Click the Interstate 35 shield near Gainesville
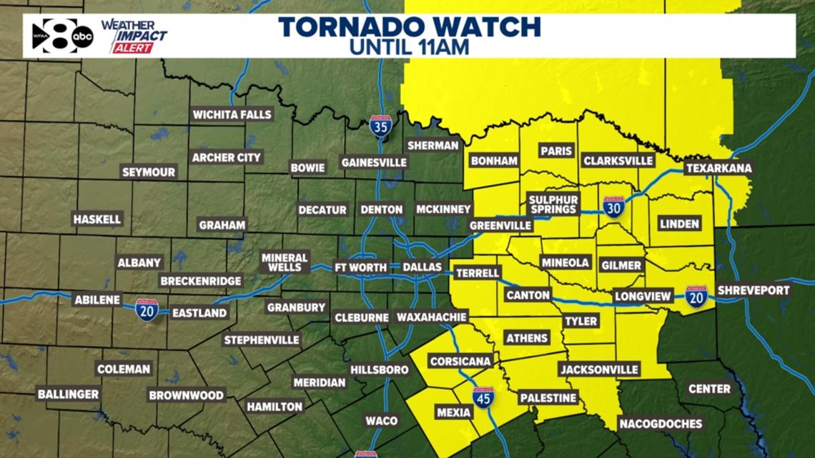click(380, 126)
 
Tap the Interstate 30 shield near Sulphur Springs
click(613, 207)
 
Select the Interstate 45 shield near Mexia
click(483, 397)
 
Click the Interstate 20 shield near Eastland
click(147, 309)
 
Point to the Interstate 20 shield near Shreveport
click(696, 296)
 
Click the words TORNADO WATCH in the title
click(409, 28)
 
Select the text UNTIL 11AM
click(409, 48)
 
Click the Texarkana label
click(718, 169)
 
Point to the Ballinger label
click(69, 394)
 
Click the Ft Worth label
click(362, 266)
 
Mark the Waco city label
click(381, 421)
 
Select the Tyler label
click(581, 322)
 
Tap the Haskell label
click(97, 219)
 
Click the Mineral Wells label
click(285, 262)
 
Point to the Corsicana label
click(460, 362)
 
